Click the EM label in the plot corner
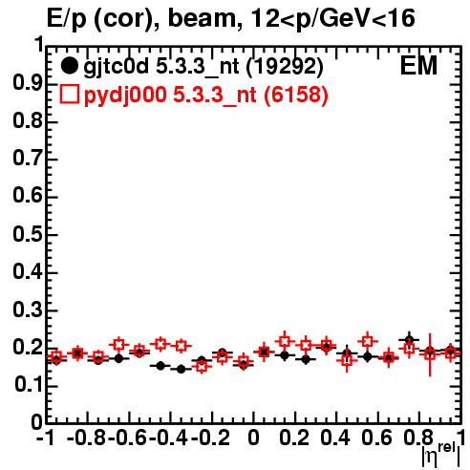coord(418,66)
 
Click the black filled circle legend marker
coord(69,66)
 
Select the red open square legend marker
coord(69,94)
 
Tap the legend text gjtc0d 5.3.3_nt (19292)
coord(203,67)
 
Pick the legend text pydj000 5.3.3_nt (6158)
coord(205,96)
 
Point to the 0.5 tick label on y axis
coord(28,235)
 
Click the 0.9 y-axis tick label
coord(28,83)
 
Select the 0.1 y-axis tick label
coord(29,385)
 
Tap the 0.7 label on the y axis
coord(28,159)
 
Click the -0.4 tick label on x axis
coord(170,438)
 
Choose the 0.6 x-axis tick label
coord(376,438)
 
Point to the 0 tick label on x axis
coord(253,438)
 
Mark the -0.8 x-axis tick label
coord(87,438)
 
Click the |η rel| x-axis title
coord(440,456)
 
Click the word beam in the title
coord(202,18)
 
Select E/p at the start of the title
coord(67,20)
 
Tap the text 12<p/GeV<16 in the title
coord(332,20)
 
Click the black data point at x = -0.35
coord(181,369)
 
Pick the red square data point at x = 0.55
coord(368,341)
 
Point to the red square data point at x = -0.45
coord(160,344)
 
